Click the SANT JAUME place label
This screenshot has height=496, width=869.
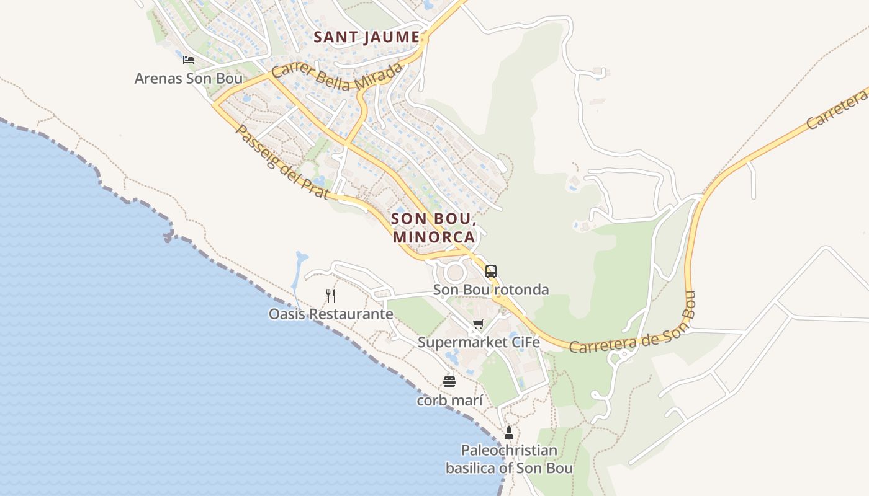coord(366,37)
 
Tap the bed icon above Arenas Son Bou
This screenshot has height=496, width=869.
coord(189,60)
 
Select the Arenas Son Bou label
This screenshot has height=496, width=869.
coord(189,79)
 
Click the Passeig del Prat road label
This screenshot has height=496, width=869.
coord(281,162)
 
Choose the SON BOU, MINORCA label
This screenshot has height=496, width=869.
coord(434,228)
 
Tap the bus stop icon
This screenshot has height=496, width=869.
coord(491,272)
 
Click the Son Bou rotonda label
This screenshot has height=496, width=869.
coord(491,290)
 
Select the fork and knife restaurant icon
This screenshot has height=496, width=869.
coord(331,295)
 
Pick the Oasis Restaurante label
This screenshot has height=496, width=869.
coord(331,314)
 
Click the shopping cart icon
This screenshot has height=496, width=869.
coord(478,324)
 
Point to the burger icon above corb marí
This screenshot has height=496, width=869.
coord(449,381)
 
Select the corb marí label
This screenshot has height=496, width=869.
coord(449,401)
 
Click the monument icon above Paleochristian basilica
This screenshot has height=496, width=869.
coord(509,432)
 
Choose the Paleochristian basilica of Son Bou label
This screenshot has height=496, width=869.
coord(509,459)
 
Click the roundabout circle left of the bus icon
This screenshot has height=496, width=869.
coord(455,272)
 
